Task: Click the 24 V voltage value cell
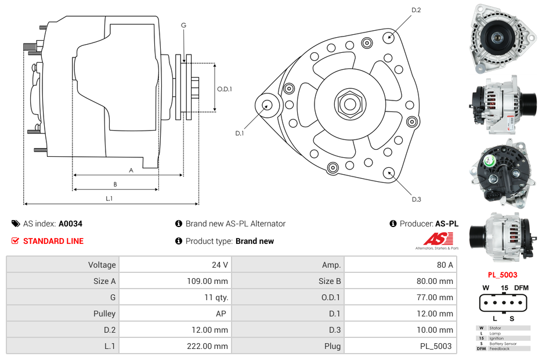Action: [x=219, y=265]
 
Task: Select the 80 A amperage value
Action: [x=445, y=265]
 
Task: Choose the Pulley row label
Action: [x=104, y=314]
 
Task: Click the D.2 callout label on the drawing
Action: [x=416, y=10]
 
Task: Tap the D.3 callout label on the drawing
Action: [x=416, y=199]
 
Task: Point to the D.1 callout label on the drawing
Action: [x=239, y=134]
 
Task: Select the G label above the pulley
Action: [x=183, y=25]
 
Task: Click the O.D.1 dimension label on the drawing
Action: [x=225, y=89]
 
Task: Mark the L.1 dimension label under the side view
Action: [x=109, y=199]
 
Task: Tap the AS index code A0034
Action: [x=70, y=224]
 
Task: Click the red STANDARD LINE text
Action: [x=53, y=241]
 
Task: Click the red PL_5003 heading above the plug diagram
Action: [x=502, y=275]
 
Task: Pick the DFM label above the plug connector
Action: [x=521, y=287]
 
